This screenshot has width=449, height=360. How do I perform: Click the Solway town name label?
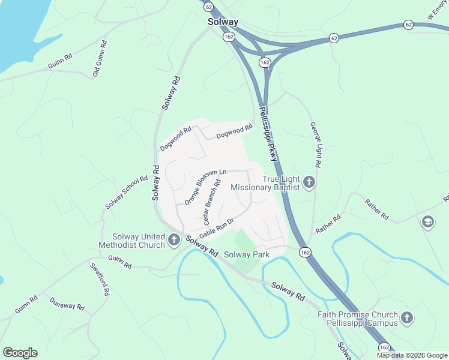223,22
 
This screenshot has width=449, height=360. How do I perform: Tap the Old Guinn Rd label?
100,59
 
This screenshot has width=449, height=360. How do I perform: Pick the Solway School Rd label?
126,193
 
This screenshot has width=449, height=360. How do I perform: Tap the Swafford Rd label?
100,279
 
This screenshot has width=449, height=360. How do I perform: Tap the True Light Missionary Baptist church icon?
309,182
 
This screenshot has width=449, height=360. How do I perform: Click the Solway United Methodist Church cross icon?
174,241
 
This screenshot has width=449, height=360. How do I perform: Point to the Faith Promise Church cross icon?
407,318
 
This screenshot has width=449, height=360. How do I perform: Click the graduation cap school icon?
428,222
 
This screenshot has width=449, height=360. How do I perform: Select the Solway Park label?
247,254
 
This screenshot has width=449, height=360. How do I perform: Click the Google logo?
20,353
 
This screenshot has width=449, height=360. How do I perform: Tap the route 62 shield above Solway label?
208,7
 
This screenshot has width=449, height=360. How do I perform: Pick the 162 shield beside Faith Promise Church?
385,348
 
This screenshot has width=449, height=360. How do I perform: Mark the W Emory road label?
437,14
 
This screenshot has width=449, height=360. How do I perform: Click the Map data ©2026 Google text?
411,355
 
